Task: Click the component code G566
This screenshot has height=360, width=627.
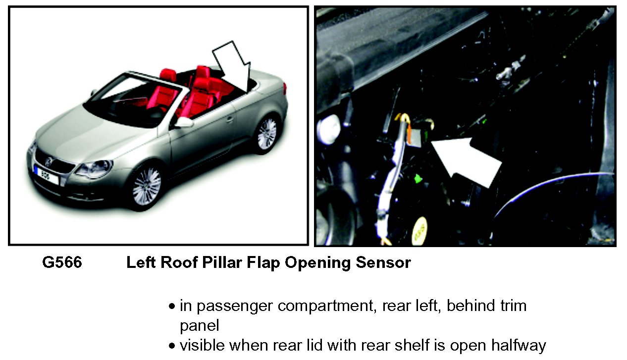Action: point(62,262)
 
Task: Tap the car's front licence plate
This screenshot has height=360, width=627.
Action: point(46,176)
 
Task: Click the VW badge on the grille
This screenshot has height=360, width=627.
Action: point(49,161)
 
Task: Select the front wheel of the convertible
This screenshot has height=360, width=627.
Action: point(147,187)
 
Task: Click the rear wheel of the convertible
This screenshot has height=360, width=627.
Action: point(267,133)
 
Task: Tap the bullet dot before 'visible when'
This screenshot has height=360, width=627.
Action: point(172,346)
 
